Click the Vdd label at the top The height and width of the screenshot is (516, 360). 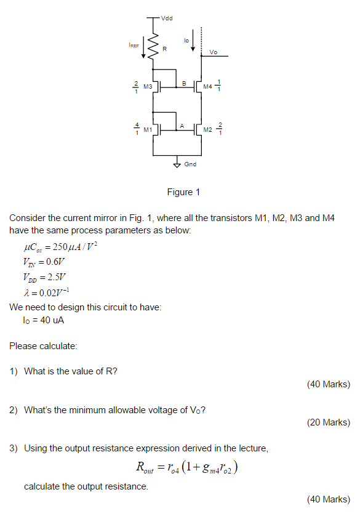point(167,19)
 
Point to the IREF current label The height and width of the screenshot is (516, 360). point(134,45)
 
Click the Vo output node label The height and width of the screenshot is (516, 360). point(213,52)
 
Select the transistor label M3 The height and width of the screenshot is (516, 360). point(148,87)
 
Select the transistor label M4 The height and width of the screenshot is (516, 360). point(207,87)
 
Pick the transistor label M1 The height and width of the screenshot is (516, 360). point(148,130)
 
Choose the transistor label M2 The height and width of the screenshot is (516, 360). point(207,130)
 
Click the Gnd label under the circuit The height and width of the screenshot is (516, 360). point(190,164)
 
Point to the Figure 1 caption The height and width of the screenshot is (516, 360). point(183,193)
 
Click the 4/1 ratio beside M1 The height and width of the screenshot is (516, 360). point(137,129)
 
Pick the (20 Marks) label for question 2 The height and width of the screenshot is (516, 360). point(328,422)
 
